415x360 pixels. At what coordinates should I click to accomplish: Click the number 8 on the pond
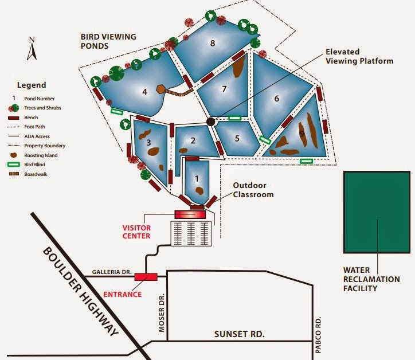pyautogui.click(x=213, y=43)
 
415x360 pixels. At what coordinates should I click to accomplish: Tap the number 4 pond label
pyautogui.click(x=144, y=92)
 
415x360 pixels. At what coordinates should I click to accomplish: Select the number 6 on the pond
pyautogui.click(x=277, y=99)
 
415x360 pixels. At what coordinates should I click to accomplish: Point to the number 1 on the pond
pyautogui.click(x=197, y=179)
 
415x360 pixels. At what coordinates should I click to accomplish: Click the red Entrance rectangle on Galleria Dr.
pyautogui.click(x=146, y=277)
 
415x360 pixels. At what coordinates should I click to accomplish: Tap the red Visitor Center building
pyautogui.click(x=190, y=214)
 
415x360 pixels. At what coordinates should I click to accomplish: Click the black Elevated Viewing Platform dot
pyautogui.click(x=211, y=122)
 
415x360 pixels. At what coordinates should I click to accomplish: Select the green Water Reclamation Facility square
pyautogui.click(x=377, y=212)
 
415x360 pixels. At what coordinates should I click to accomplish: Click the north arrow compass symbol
pyautogui.click(x=32, y=49)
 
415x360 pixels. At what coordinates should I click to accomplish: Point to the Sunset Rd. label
pyautogui.click(x=239, y=334)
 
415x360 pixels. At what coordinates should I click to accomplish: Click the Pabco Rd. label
pyautogui.click(x=318, y=335)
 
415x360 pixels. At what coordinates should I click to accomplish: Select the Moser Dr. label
pyautogui.click(x=162, y=312)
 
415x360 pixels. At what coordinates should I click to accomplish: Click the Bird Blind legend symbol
pyautogui.click(x=13, y=165)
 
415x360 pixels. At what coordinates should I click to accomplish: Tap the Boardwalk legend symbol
pyautogui.click(x=14, y=174)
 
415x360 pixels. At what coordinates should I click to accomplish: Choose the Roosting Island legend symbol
pyautogui.click(x=14, y=155)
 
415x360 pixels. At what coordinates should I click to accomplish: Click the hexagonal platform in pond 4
pyautogui.click(x=160, y=89)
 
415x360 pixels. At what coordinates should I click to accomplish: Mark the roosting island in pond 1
pyautogui.click(x=199, y=190)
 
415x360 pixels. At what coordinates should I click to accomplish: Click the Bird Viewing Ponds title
pyautogui.click(x=108, y=41)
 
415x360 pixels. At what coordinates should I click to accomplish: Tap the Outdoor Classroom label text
pyautogui.click(x=253, y=190)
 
